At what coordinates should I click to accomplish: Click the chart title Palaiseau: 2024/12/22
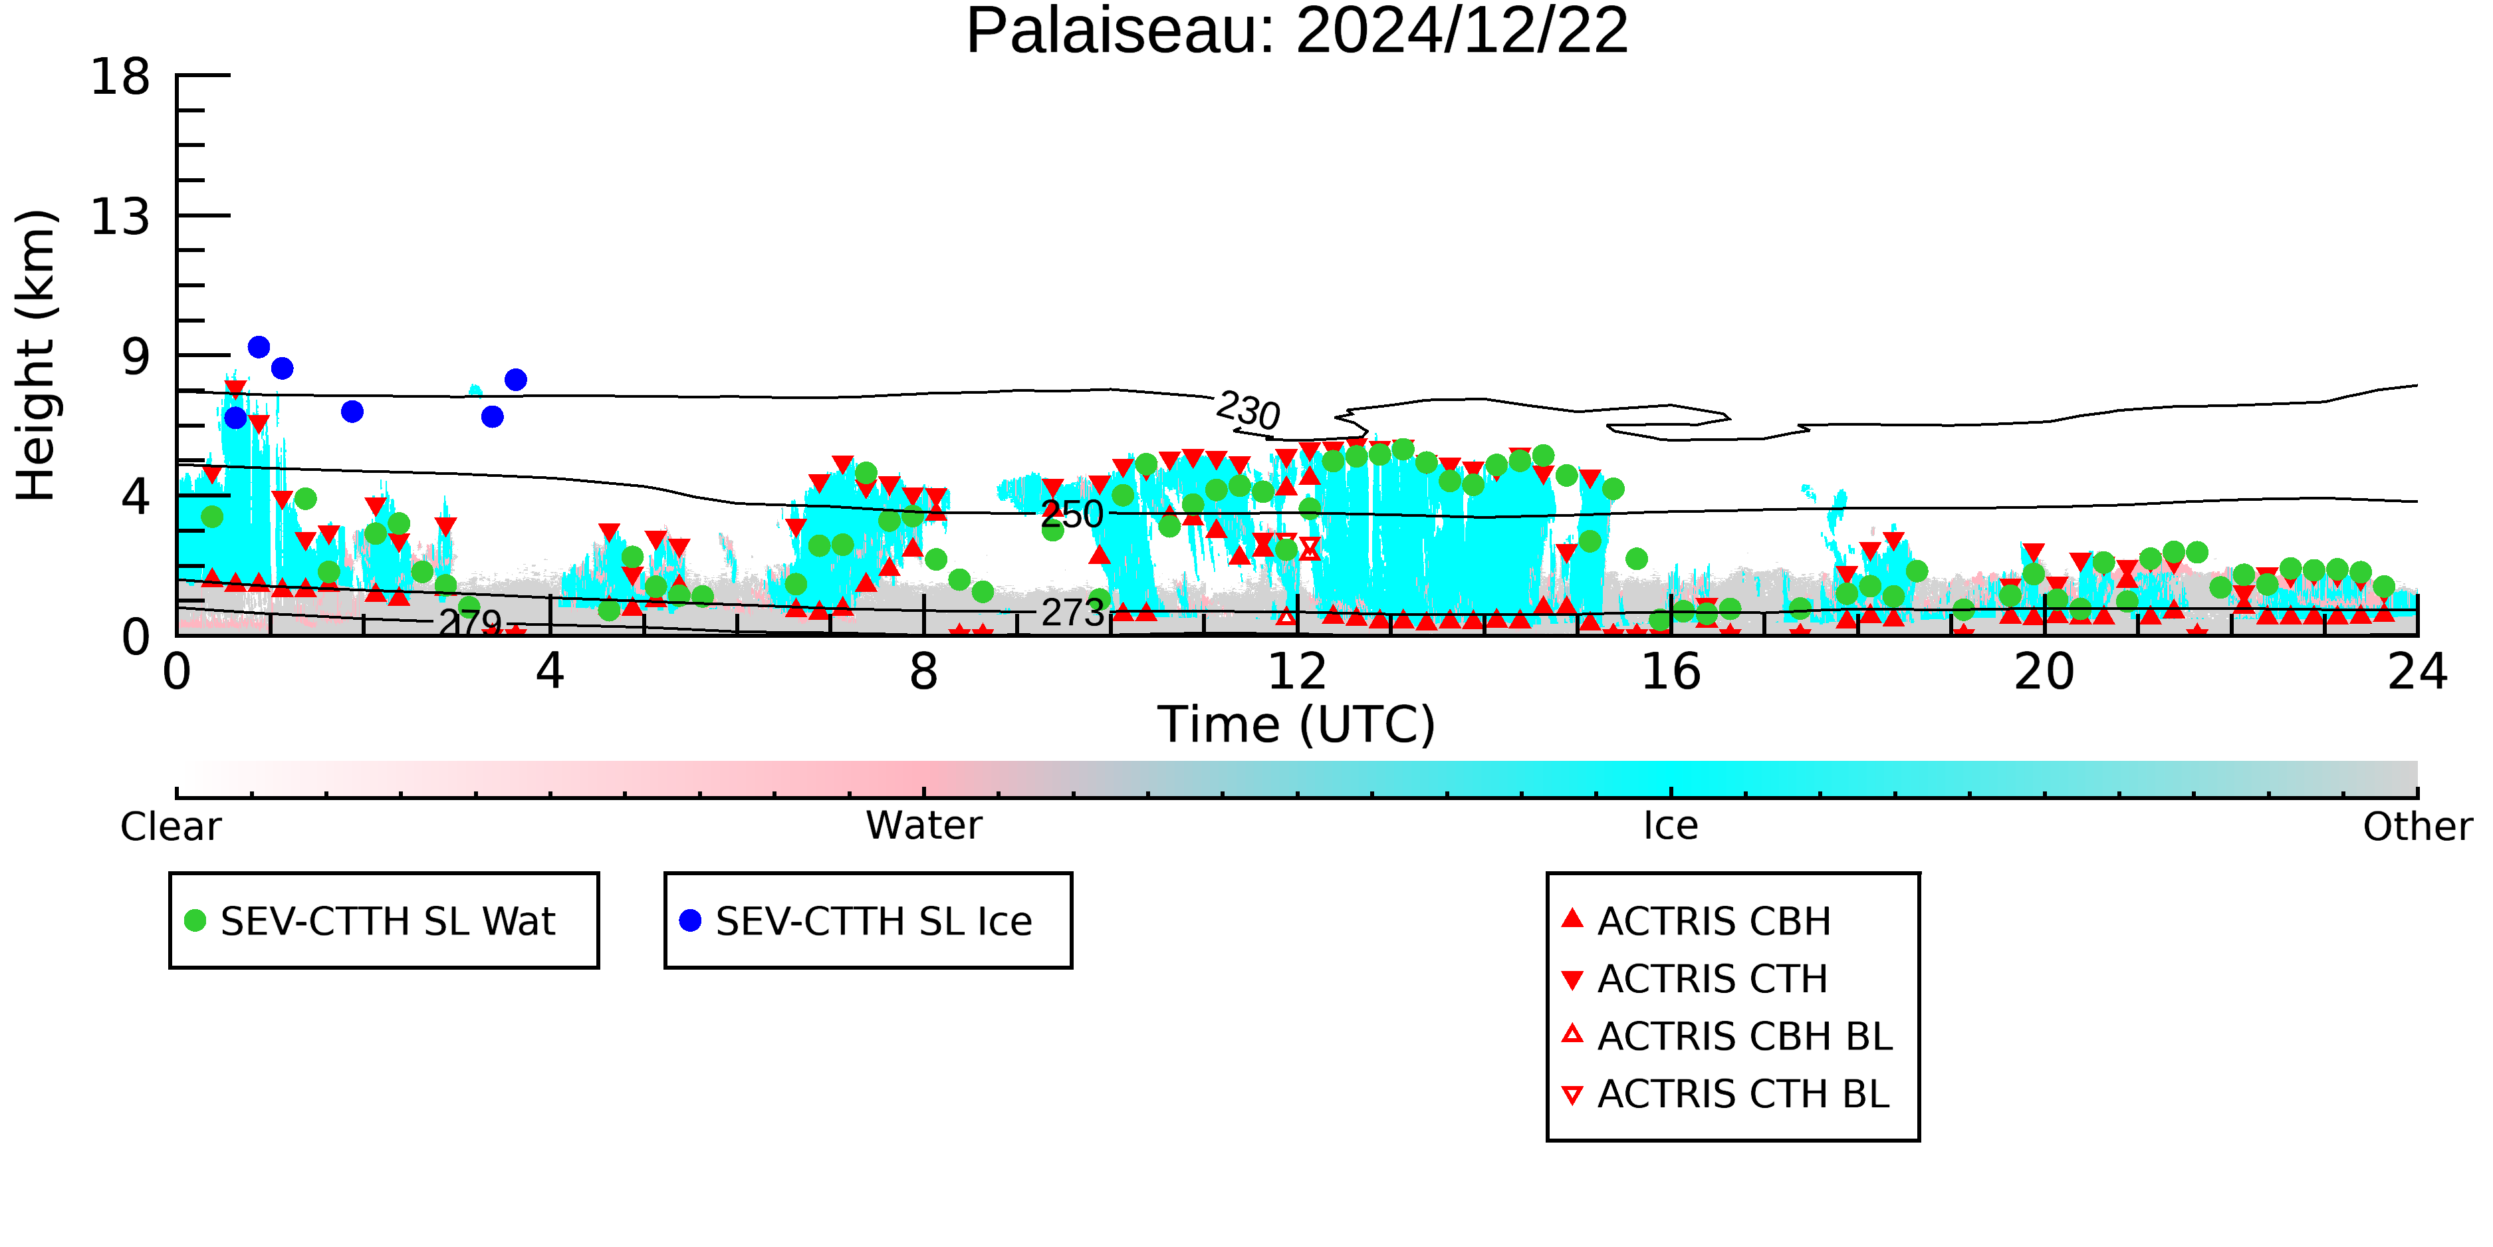[x=1297, y=31]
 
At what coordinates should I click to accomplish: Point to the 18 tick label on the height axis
[x=120, y=76]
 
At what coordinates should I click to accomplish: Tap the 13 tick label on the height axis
[x=120, y=217]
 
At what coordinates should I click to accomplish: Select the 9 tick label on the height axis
[x=136, y=357]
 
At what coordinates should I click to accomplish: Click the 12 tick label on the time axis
[x=1297, y=672]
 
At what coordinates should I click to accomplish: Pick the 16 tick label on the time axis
[x=1671, y=672]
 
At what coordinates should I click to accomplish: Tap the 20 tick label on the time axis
[x=2044, y=672]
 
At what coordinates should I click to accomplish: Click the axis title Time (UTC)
[x=1297, y=725]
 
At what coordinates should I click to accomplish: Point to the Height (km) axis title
[x=36, y=355]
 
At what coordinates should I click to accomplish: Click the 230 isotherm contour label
[x=1248, y=410]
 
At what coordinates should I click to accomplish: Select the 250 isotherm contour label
[x=1072, y=514]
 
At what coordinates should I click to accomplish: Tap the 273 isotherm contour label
[x=1072, y=613]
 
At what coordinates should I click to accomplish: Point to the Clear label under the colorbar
[x=170, y=827]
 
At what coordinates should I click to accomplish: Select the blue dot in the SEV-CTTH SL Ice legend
[x=690, y=920]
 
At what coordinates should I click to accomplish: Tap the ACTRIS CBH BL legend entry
[x=1728, y=1037]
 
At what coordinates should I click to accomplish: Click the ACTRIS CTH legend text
[x=1712, y=979]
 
